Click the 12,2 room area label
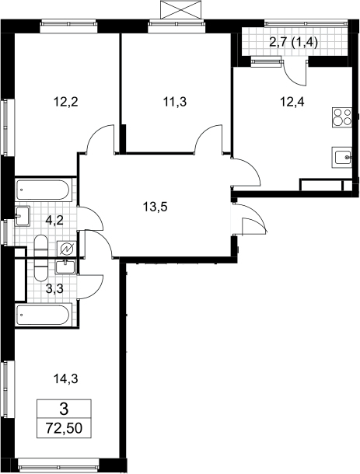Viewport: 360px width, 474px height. click(x=65, y=102)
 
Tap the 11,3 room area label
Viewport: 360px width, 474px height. click(x=175, y=102)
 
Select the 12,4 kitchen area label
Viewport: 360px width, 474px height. click(x=292, y=102)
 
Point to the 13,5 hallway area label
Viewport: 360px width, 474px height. click(x=155, y=207)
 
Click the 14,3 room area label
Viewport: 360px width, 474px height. click(x=65, y=378)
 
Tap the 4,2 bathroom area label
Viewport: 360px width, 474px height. click(x=54, y=221)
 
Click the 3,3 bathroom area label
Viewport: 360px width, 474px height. click(x=54, y=289)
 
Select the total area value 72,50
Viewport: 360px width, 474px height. click(x=64, y=428)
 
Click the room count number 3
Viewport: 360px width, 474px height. click(x=64, y=410)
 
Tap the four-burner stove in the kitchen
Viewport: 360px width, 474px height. click(x=342, y=117)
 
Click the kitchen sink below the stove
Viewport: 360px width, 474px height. click(x=342, y=157)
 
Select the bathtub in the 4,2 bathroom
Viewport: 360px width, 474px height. click(x=43, y=190)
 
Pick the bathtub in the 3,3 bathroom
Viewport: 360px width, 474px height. click(x=43, y=315)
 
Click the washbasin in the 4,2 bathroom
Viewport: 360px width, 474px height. click(x=22, y=216)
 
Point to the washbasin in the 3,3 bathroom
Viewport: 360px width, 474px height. click(x=65, y=267)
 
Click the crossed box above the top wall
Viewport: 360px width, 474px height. click(x=180, y=9)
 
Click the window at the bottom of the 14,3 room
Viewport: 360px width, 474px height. click(x=58, y=465)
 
